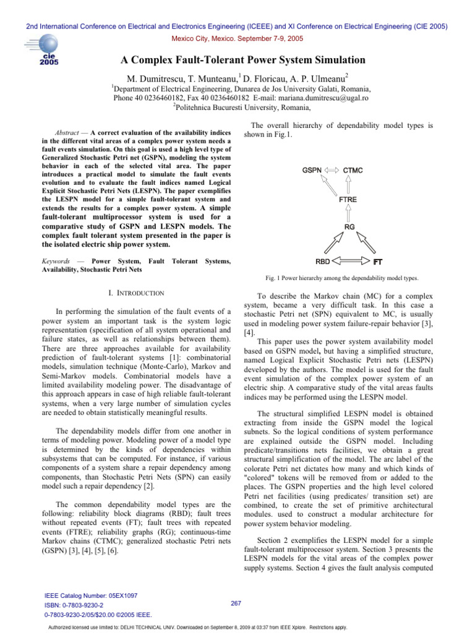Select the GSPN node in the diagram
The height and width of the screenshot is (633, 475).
coord(311,169)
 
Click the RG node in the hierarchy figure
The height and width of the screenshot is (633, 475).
coord(349,227)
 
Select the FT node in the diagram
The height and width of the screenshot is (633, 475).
coord(377,261)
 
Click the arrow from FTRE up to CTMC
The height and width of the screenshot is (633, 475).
coord(349,185)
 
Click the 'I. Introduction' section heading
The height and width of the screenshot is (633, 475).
coord(135,292)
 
